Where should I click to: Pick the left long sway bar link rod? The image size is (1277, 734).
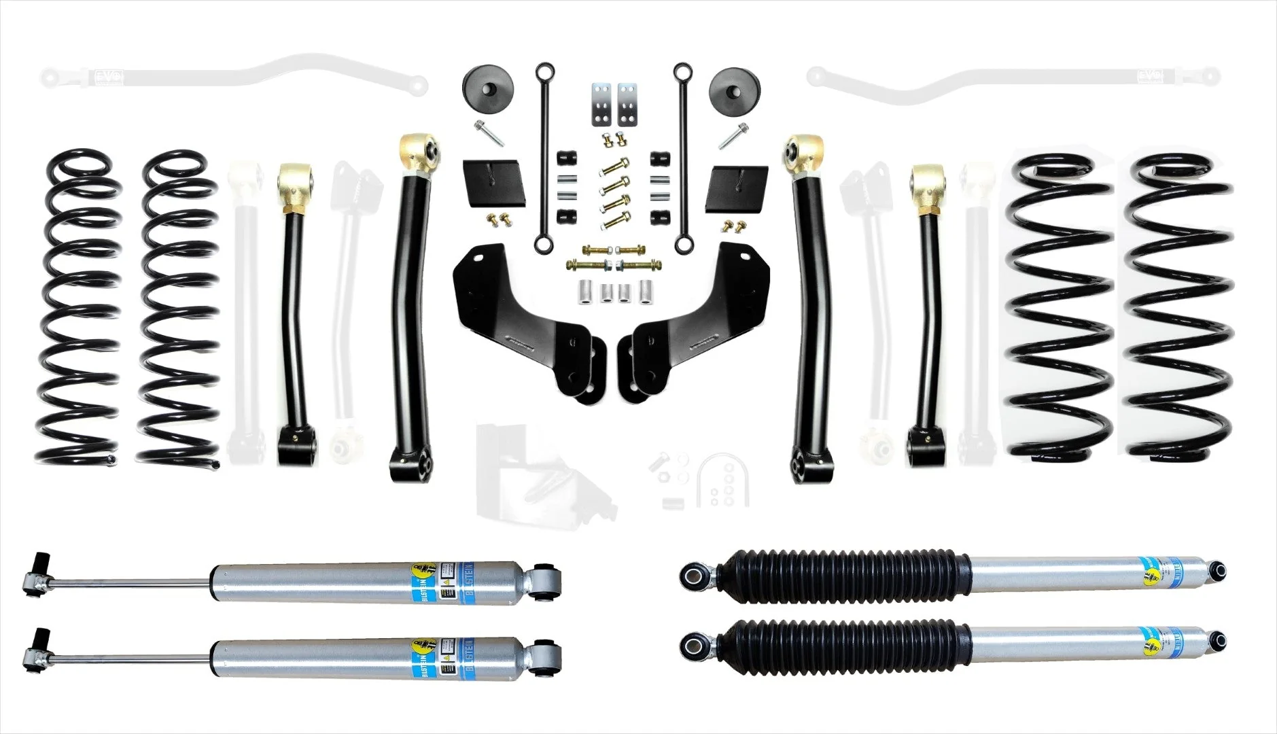pos(544,156)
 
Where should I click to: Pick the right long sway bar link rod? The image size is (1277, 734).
pos(680,156)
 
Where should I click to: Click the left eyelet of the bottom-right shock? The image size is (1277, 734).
pos(694,640)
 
